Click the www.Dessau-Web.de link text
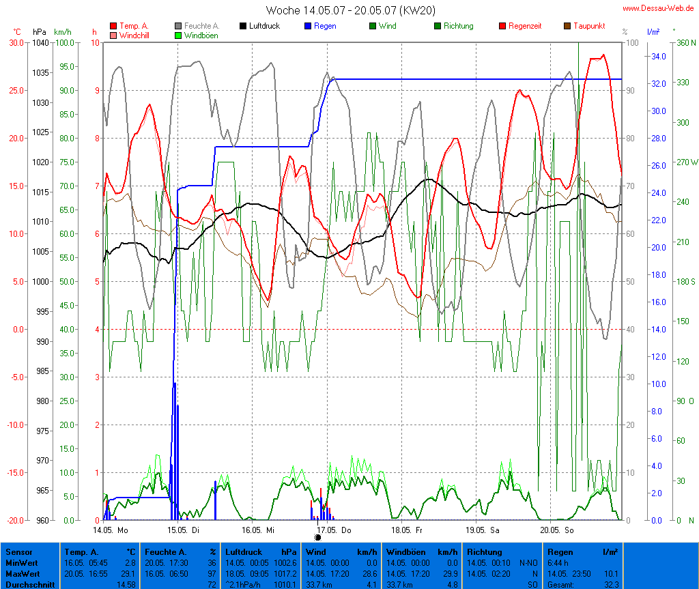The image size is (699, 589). [x=659, y=8]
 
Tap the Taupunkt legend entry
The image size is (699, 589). [x=587, y=26]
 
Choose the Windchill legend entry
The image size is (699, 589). [x=134, y=35]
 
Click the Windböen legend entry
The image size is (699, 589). [x=201, y=35]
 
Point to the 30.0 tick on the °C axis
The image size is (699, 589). [x=15, y=42]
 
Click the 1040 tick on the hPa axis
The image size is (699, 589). [x=40, y=42]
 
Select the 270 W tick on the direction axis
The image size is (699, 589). [x=685, y=162]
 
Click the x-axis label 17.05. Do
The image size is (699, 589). [x=335, y=530]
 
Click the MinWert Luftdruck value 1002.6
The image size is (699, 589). [x=285, y=562]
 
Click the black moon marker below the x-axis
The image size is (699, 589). [x=317, y=537]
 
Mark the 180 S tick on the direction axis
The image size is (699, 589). [x=685, y=281]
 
